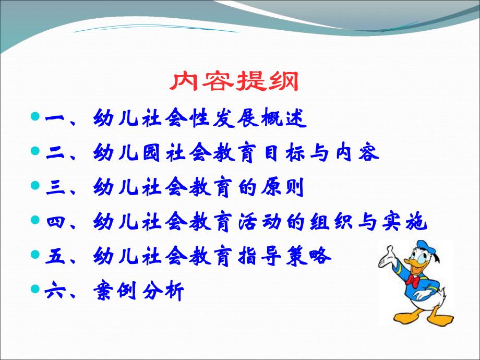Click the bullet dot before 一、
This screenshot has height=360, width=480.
point(35,116)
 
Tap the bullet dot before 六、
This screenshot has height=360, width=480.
point(35,289)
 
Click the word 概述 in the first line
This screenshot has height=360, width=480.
point(287,119)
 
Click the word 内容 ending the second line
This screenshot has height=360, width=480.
point(360,153)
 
